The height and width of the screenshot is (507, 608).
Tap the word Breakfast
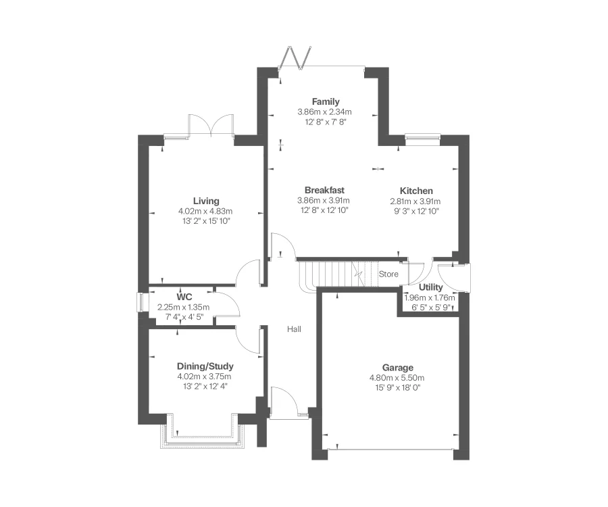(325, 191)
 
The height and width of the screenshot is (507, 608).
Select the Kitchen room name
(415, 191)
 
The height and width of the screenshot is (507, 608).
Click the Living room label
(206, 201)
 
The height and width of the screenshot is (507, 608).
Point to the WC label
(184, 297)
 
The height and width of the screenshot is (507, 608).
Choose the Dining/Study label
(205, 366)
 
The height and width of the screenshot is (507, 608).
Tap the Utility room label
(430, 287)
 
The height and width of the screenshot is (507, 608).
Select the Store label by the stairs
(388, 274)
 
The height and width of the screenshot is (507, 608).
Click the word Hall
(294, 329)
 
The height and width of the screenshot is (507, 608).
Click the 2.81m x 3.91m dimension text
(415, 201)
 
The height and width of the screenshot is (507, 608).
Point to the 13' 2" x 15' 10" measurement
(206, 221)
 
